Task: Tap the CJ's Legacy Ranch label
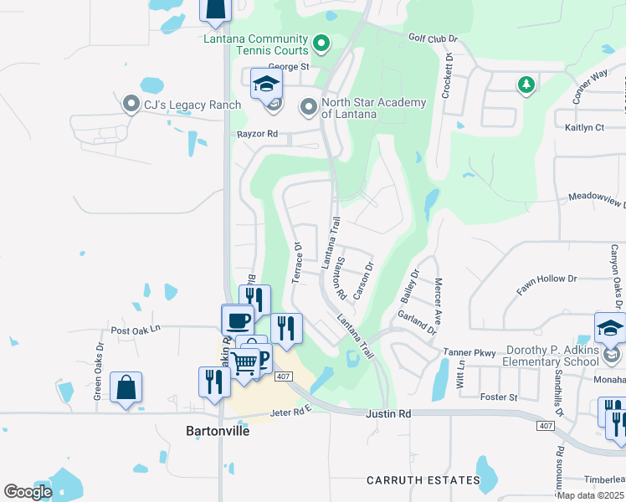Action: tap(192, 105)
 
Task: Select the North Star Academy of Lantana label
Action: tap(373, 108)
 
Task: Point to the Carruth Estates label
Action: tap(423, 480)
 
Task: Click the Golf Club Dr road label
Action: tap(434, 38)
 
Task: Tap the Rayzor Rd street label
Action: tap(257, 134)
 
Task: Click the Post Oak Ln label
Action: tap(134, 330)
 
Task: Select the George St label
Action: tap(289, 66)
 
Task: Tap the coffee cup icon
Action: tap(238, 319)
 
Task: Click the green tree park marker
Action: tap(526, 85)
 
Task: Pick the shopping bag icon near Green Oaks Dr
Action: tap(126, 387)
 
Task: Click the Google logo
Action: tap(28, 492)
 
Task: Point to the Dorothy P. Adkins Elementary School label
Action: tap(550, 355)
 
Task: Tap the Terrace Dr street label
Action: tap(296, 263)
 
